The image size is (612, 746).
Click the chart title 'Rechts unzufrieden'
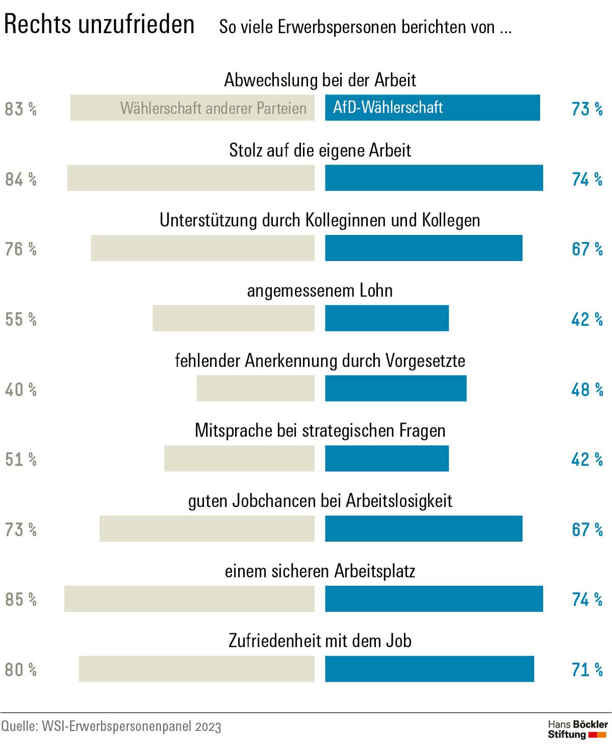click(x=99, y=24)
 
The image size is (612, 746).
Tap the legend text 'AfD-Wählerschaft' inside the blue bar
click(x=388, y=108)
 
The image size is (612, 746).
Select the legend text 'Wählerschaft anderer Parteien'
click(x=213, y=108)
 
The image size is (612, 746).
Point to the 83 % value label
click(x=21, y=109)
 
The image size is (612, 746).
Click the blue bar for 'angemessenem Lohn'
click(x=387, y=318)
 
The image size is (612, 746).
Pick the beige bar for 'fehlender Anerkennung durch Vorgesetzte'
click(x=256, y=388)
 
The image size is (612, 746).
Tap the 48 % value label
click(x=587, y=390)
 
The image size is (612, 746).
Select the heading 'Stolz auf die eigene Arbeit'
click(x=320, y=150)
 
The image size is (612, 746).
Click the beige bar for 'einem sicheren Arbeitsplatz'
click(x=189, y=598)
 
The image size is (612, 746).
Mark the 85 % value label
click(x=21, y=600)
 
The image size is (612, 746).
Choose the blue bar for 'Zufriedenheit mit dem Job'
click(x=429, y=669)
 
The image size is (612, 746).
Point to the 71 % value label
click(x=587, y=670)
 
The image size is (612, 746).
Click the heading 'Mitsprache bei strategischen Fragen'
click(x=320, y=431)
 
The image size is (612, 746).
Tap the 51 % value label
click(x=21, y=460)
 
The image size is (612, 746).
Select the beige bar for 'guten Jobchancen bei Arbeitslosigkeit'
click(x=207, y=528)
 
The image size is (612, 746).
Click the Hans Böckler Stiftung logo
click(x=577, y=729)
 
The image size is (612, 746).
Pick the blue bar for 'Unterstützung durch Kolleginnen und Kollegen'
click(x=423, y=248)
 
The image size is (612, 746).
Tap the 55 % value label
click(x=21, y=319)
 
